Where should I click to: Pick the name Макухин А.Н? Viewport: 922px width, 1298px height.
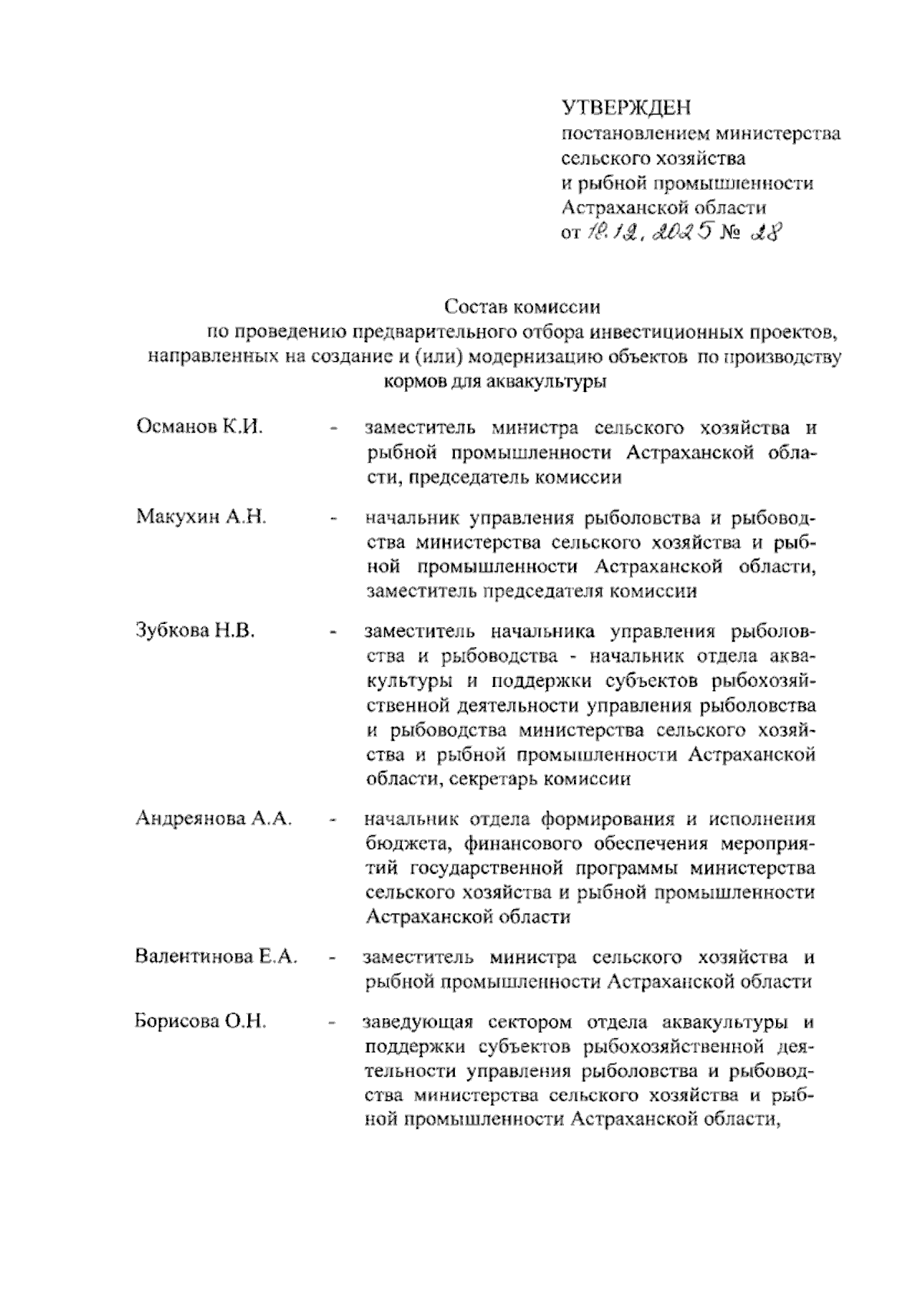201,516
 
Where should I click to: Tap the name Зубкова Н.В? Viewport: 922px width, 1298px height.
195,630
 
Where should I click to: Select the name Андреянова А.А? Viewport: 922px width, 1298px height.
214,818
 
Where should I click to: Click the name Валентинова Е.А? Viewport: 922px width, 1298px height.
216,958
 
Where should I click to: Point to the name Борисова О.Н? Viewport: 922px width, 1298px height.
200,1022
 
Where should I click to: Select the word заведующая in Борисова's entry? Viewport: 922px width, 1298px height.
420,1023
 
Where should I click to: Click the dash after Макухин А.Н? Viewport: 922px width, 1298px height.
333,520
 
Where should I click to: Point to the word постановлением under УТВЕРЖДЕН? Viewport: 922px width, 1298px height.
635,134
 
